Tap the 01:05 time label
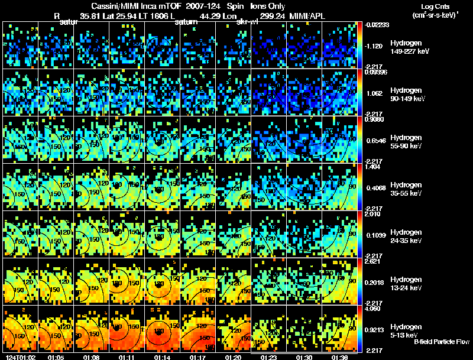click(57, 357)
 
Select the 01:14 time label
click(162, 357)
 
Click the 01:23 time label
click(269, 357)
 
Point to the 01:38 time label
click(339, 357)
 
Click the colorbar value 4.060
click(374, 309)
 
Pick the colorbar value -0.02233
click(375, 25)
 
